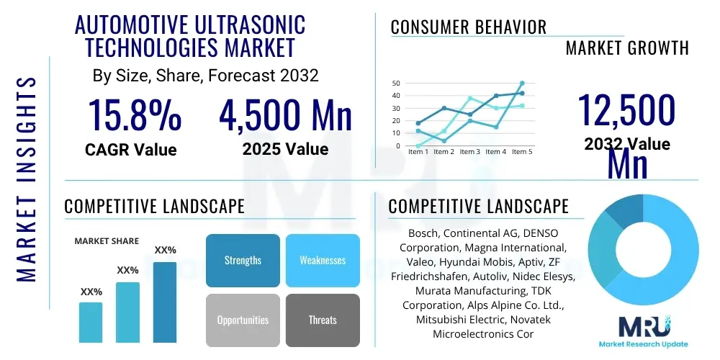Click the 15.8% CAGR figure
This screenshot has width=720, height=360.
pyautogui.click(x=134, y=115)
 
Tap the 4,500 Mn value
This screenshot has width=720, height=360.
pyautogui.click(x=285, y=115)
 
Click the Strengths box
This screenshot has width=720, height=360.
pyautogui.click(x=243, y=260)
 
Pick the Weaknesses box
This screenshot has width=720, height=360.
pyautogui.click(x=322, y=260)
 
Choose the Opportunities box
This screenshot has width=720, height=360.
pyautogui.click(x=243, y=320)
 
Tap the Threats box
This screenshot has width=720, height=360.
pyautogui.click(x=322, y=320)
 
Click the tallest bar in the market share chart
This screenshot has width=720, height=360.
pyautogui.click(x=165, y=302)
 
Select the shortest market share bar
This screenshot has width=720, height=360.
pyautogui.click(x=91, y=322)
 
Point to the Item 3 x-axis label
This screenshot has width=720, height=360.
pyautogui.click(x=469, y=152)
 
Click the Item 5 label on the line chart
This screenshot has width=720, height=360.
pyautogui.click(x=521, y=152)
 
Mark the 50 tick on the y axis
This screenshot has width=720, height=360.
pyautogui.click(x=395, y=84)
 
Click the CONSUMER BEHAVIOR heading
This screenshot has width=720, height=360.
pyautogui.click(x=468, y=27)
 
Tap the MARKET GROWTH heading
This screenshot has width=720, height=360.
pyautogui.click(x=626, y=48)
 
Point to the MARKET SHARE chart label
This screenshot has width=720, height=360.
pyautogui.click(x=107, y=241)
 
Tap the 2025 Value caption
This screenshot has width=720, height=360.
pyautogui.click(x=285, y=149)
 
